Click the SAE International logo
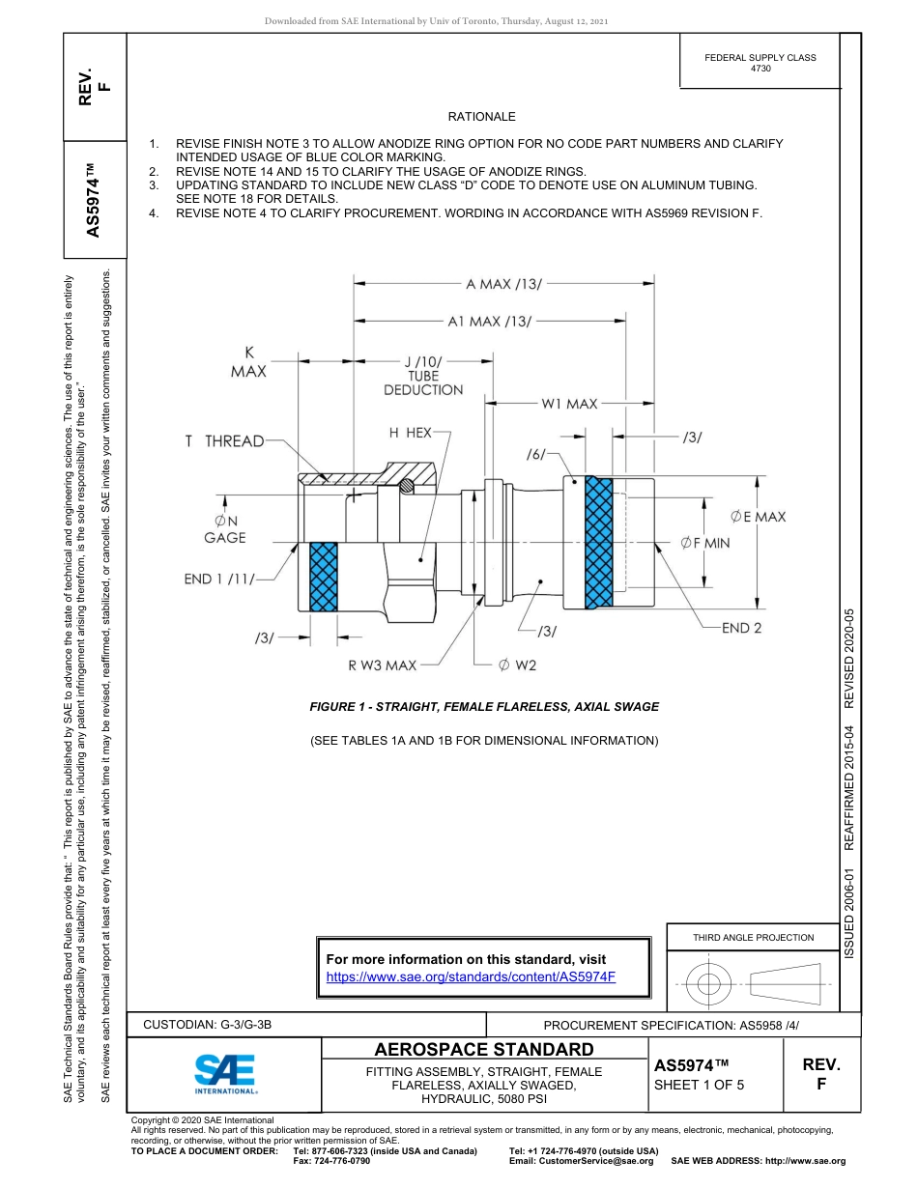[x=224, y=1072]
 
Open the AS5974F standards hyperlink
[x=471, y=976]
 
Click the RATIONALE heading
[x=481, y=117]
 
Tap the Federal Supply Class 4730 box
[x=760, y=63]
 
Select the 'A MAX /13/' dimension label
[x=503, y=284]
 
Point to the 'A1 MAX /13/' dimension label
[x=489, y=321]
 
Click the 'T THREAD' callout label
[x=224, y=441]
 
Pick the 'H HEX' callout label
[x=410, y=434]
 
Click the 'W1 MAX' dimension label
[x=569, y=404]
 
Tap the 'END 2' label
[x=741, y=629]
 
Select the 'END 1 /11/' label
[x=219, y=580]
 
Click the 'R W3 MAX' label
[x=382, y=665]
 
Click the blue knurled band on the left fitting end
[x=323, y=577]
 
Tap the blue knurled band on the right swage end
[x=598, y=542]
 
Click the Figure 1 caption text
[x=484, y=707]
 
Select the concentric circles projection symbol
[x=709, y=984]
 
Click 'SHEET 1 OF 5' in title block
[x=699, y=1084]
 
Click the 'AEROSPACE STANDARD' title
[x=484, y=1049]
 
